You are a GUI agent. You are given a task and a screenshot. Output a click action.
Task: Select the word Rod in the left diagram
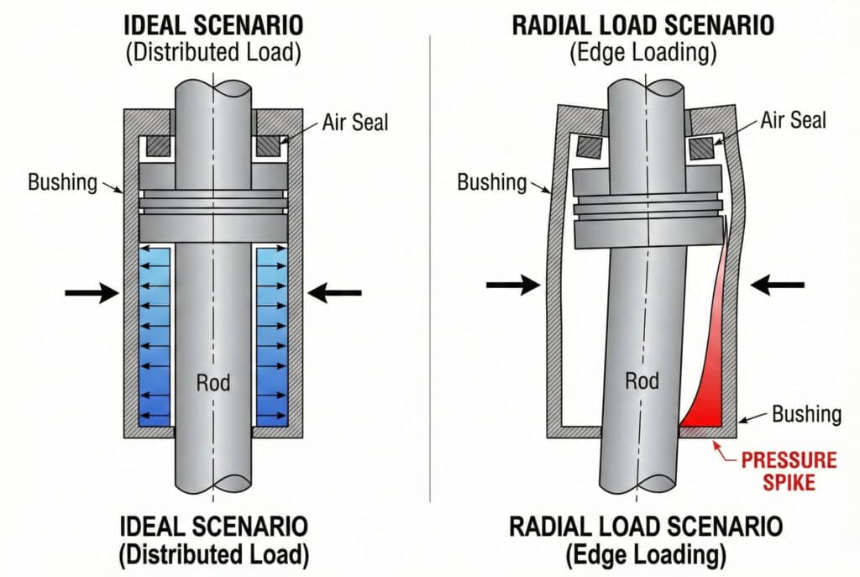[213, 383]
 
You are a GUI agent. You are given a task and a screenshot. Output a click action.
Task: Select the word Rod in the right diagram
[642, 381]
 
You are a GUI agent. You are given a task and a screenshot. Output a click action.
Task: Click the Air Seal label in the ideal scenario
[355, 122]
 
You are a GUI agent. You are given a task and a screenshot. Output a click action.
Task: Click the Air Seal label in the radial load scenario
[793, 120]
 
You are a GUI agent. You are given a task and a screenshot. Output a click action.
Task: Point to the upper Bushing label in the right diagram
[491, 181]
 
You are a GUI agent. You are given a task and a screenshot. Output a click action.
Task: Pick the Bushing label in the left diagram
[62, 181]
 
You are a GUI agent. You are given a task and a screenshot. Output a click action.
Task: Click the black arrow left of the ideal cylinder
[92, 292]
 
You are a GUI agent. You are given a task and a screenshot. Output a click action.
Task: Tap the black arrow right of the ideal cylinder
[334, 292]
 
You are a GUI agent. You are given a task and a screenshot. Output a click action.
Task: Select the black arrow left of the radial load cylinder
[513, 286]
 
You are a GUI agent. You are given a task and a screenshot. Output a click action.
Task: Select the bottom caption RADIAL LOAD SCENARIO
[646, 527]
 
